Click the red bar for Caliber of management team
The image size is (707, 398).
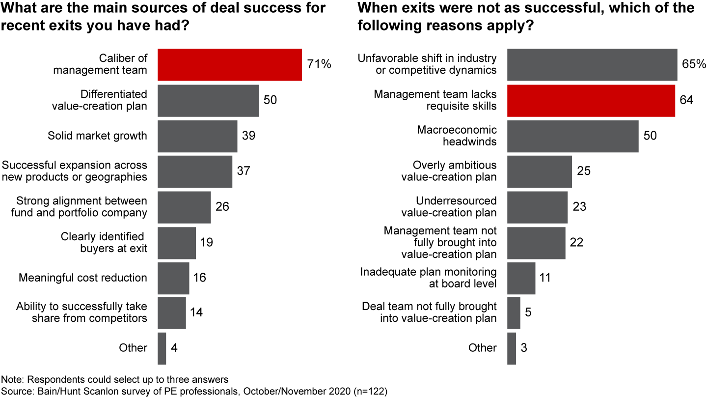229,64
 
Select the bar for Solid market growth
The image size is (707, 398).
197,136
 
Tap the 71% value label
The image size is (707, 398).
319,64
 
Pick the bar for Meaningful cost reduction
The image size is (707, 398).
173,278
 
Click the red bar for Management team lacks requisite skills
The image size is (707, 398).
591,100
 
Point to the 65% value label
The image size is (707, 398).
694,64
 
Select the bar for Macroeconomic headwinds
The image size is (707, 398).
572,136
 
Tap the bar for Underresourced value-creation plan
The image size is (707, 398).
537,207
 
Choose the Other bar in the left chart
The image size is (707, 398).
162,348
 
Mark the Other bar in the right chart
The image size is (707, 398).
511,348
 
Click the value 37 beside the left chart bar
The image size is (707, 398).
244,171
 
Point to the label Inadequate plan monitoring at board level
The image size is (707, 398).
428,278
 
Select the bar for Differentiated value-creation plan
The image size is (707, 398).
208,100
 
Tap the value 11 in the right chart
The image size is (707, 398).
545,278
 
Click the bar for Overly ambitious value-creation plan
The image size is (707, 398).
539,171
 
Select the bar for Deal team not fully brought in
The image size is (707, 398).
514,313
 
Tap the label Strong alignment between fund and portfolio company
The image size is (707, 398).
82,207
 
